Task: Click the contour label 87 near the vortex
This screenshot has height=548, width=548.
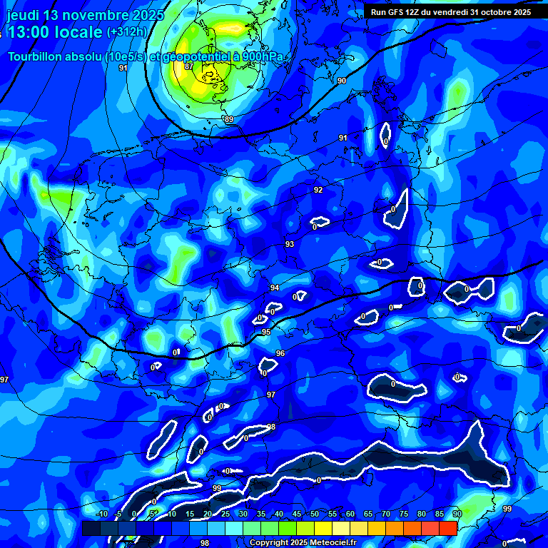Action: click(x=188, y=66)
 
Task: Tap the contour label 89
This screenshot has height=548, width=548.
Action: click(x=228, y=119)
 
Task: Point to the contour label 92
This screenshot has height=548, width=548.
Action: click(x=318, y=190)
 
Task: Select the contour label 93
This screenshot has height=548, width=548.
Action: click(x=290, y=244)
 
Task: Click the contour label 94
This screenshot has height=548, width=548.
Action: click(x=275, y=288)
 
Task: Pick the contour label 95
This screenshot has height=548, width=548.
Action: click(x=266, y=332)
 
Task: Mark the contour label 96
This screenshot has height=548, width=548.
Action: click(x=280, y=353)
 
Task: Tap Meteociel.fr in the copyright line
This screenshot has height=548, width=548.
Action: click(x=338, y=542)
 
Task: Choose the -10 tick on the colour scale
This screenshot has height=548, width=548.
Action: click(x=102, y=514)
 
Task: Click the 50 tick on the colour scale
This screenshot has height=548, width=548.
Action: click(x=315, y=514)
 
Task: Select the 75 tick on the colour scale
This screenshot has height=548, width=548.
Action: click(x=404, y=514)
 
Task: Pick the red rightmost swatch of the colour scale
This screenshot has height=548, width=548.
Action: click(x=448, y=528)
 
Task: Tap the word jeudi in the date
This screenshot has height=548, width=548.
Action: click(x=22, y=15)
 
